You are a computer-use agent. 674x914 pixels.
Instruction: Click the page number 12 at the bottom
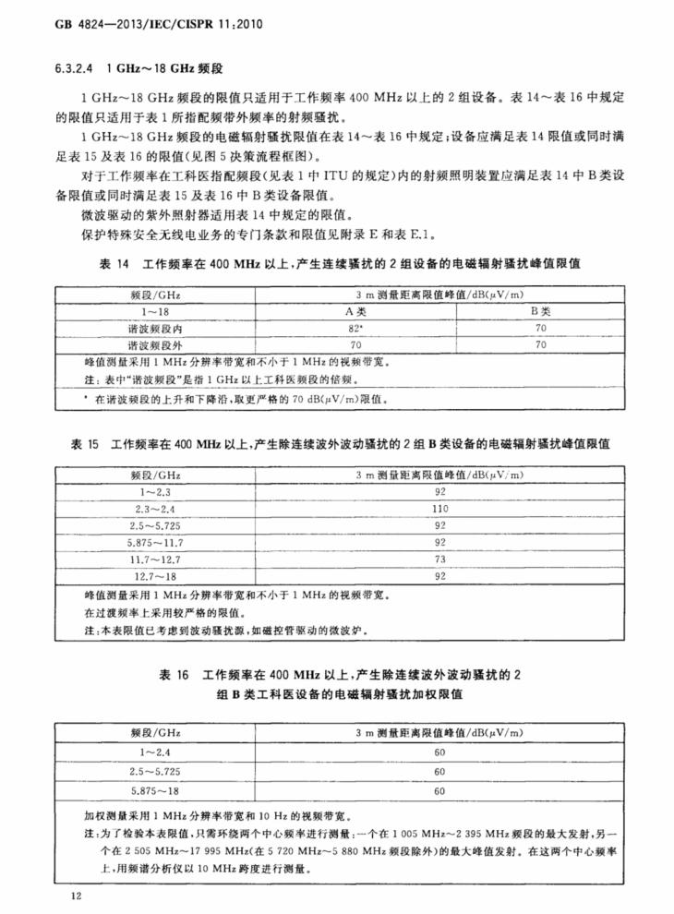point(77,895)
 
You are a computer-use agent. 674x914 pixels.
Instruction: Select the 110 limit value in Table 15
point(439,509)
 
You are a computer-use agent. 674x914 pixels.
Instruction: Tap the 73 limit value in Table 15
point(439,559)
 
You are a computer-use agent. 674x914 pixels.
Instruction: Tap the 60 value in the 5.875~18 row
point(439,790)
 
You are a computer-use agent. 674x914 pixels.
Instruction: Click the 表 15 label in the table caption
point(85,445)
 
